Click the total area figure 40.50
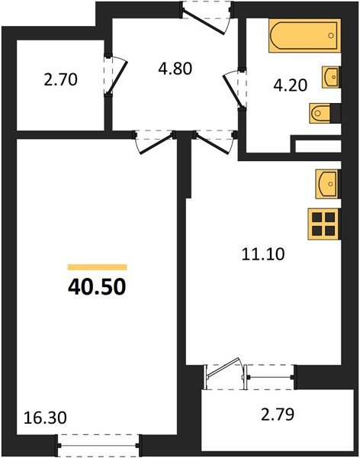tap(97, 288)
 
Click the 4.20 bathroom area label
tap(291, 85)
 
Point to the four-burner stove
tap(324, 224)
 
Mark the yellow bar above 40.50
tap(97, 267)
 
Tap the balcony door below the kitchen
tap(227, 374)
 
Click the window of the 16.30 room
tap(100, 442)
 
